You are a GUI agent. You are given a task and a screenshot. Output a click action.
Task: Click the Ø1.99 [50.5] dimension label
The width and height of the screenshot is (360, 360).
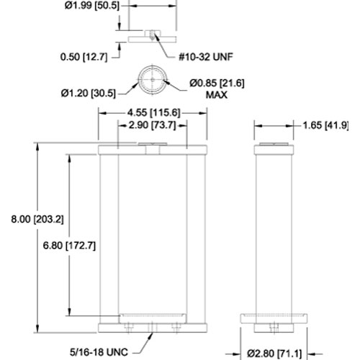pyautogui.click(x=92, y=6)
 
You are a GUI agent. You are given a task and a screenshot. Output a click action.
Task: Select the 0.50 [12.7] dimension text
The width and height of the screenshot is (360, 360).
pyautogui.click(x=84, y=57)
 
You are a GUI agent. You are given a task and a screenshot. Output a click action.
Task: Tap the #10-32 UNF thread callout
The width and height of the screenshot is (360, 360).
pyautogui.click(x=206, y=57)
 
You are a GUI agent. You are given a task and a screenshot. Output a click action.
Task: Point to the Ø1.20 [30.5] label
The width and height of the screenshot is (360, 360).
pyautogui.click(x=89, y=93)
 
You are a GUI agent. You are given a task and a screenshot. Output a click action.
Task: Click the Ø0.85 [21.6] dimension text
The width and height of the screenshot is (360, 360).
pyautogui.click(x=217, y=84)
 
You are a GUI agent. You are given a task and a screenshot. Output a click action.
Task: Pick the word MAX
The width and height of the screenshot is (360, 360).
pyautogui.click(x=217, y=95)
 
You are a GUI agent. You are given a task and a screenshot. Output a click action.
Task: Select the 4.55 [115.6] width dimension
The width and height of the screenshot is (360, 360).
pyautogui.click(x=153, y=112)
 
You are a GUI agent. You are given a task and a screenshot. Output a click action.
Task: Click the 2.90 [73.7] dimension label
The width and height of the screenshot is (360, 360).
pyautogui.click(x=152, y=125)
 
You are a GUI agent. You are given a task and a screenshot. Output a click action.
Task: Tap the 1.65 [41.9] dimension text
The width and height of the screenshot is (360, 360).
pyautogui.click(x=325, y=125)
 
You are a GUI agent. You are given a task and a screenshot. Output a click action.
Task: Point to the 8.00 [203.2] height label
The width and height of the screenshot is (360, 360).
pyautogui.click(x=37, y=219)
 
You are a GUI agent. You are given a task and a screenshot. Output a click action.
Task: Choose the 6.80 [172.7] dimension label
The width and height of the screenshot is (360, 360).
pyautogui.click(x=69, y=246)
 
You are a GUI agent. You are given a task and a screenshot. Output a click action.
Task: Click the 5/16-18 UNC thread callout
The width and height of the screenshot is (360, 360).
pyautogui.click(x=99, y=352)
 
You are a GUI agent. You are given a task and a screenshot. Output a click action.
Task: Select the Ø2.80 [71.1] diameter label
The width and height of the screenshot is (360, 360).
pyautogui.click(x=274, y=354)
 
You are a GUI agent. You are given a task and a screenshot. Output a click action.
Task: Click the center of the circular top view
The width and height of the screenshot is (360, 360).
pyautogui.click(x=153, y=79)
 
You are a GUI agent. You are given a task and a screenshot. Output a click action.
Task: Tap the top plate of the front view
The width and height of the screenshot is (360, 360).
pyautogui.click(x=153, y=150)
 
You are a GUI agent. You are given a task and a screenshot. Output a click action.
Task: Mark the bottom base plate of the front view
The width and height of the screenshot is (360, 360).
pyautogui.click(x=153, y=328)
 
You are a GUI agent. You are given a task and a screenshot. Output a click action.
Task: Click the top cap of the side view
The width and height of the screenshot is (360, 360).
pyautogui.click(x=274, y=150)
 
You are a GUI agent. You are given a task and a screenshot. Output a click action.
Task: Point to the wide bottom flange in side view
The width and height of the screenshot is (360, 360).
pyautogui.click(x=274, y=318)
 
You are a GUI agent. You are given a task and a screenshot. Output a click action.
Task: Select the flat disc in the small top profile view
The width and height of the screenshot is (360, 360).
pyautogui.click(x=153, y=40)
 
